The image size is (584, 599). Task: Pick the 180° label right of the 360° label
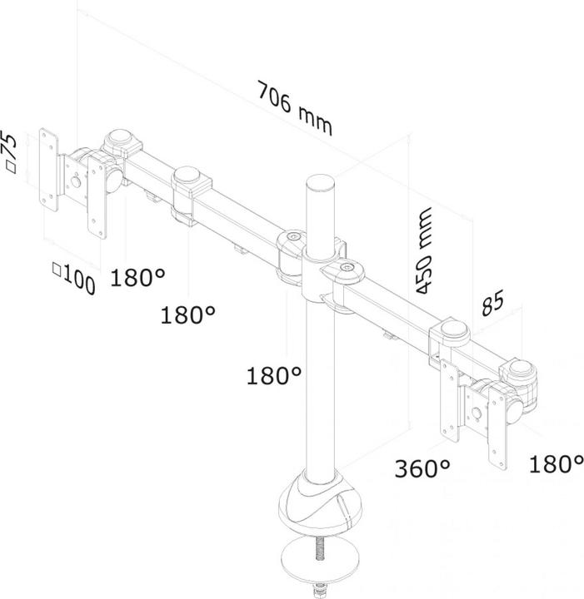(555, 463)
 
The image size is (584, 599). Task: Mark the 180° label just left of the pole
(273, 376)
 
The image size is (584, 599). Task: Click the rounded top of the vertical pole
(321, 181)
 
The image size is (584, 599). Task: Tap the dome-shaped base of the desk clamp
(321, 507)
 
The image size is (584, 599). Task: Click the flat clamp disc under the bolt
(321, 573)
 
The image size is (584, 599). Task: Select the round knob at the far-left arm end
(121, 137)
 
